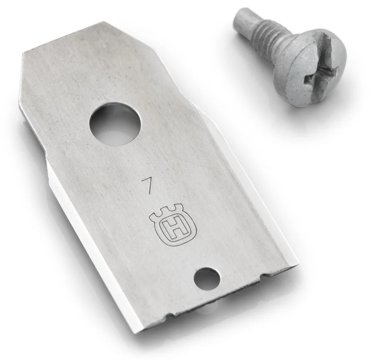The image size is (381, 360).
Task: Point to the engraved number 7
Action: (147, 185)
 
